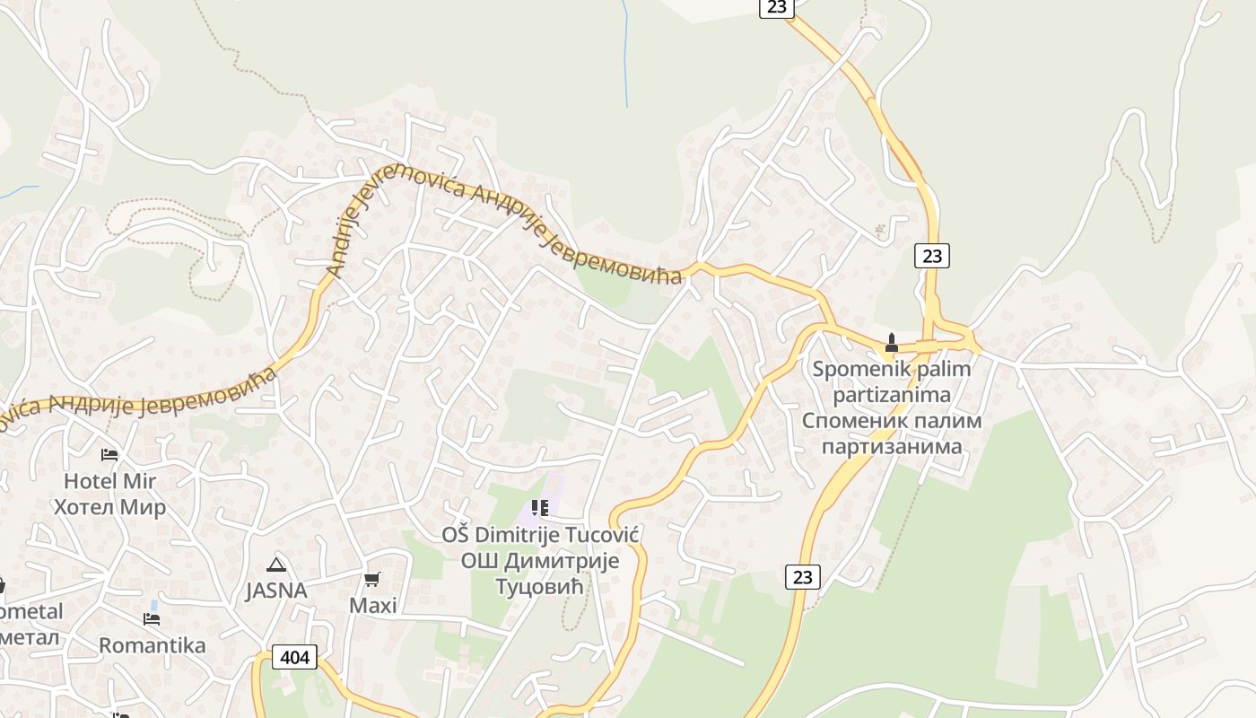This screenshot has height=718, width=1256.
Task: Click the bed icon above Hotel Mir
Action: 109,455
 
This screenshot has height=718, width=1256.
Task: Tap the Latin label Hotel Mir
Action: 109,481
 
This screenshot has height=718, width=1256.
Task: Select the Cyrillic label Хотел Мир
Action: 109,507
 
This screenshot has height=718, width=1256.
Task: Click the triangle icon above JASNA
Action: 276,565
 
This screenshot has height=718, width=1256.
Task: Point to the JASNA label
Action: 276,591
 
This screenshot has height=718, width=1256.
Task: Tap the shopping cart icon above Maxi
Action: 372,580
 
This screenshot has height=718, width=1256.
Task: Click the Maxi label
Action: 372,606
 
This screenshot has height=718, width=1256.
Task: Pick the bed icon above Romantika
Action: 152,619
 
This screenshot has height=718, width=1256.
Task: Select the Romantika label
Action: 152,645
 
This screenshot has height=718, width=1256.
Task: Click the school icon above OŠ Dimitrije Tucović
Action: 539,508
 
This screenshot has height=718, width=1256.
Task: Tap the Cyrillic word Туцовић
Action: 539,586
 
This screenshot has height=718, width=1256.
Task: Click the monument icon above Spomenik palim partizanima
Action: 891,343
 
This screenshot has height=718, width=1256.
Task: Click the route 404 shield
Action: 294,657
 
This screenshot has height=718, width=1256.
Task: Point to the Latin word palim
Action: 941,369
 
